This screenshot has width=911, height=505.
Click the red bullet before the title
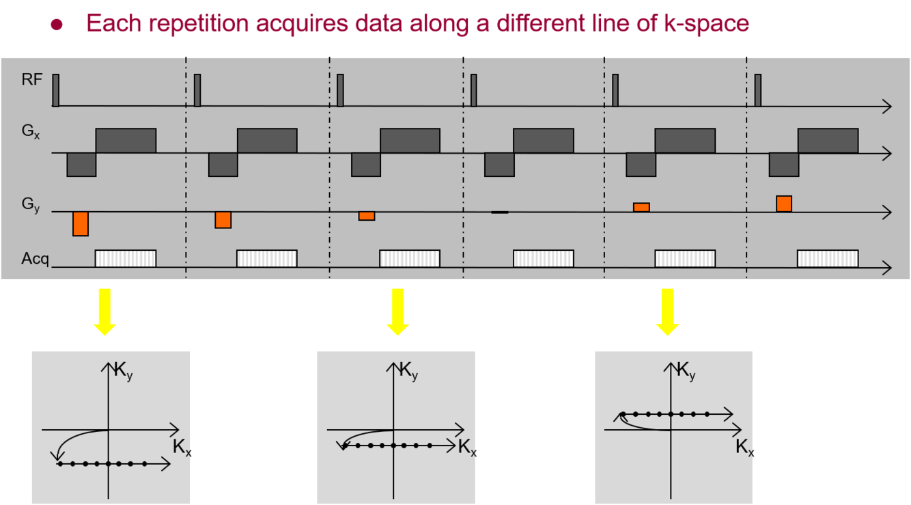point(57,25)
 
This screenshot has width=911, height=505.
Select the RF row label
point(31,80)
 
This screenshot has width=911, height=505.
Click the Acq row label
point(35,259)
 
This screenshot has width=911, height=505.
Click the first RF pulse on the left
point(56,90)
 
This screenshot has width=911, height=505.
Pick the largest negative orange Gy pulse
point(81,224)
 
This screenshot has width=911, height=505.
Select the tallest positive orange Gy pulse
point(784,204)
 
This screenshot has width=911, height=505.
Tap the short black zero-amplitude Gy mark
point(500,213)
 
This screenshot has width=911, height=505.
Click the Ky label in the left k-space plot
point(123,372)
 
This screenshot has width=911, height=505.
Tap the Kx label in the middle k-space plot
point(467,448)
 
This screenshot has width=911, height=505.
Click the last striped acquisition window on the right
point(828,258)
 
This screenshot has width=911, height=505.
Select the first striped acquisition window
point(126,258)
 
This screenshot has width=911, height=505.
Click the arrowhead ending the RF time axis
point(887,106)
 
